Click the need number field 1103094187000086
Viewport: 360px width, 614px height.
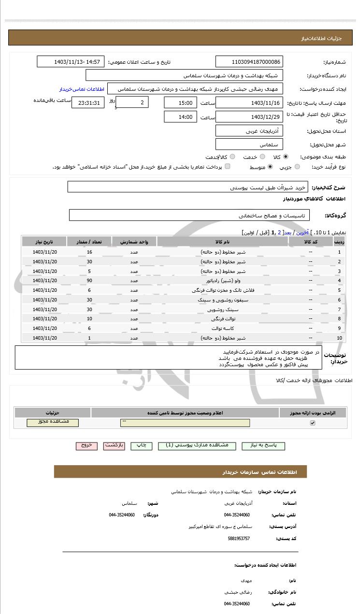[249, 62]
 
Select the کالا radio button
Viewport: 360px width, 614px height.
[286, 157]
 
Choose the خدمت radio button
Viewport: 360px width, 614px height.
[262, 157]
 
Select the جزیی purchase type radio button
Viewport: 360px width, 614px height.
[297, 167]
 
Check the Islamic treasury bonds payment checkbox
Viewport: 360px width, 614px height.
[228, 167]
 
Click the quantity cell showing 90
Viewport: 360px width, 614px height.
[89, 280]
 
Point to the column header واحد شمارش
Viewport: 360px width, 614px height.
[134, 242]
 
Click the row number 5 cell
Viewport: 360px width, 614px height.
[339, 290]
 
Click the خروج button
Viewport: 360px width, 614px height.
[86, 446]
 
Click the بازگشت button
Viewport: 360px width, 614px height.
[114, 446]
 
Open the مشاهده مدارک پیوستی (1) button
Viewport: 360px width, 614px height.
[197, 446]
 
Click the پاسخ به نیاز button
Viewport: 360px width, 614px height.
[263, 446]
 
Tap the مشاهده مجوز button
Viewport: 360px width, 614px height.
[53, 422]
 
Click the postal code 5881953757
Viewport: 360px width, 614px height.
[239, 538]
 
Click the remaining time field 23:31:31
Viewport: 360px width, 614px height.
[87, 103]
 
